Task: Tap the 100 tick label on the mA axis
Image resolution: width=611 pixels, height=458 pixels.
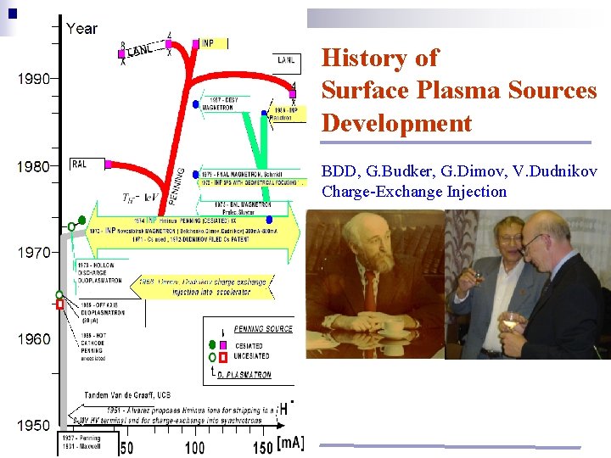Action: point(194,447)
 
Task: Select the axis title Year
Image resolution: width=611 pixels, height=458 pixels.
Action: point(81,28)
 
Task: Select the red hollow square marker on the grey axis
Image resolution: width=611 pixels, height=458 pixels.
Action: point(59,304)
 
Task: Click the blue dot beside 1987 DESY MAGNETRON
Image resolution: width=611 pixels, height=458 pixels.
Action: point(195,103)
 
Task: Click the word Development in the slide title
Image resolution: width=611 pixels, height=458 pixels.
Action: point(396,123)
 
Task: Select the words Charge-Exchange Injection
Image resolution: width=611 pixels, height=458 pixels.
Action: point(413,192)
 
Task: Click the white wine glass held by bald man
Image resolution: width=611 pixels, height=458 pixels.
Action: point(511,321)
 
